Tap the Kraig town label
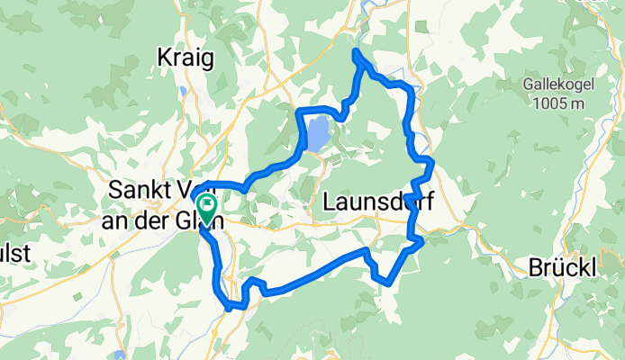coord(186,58)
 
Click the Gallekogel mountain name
coord(560,86)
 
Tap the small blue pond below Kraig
coord(184,90)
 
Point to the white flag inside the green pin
coord(207,204)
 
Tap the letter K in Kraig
coord(163,58)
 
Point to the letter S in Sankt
coord(113,191)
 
